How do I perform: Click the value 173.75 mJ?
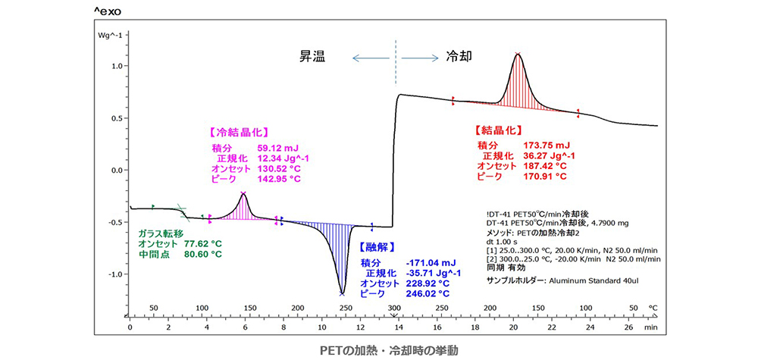(547, 145)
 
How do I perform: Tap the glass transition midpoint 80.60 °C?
(204, 255)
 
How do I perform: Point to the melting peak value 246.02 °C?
(428, 294)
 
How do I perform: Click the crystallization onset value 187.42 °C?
(546, 165)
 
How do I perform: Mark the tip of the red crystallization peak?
(518, 54)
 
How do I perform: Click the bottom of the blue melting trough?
(342, 294)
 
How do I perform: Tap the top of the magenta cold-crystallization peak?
(243, 193)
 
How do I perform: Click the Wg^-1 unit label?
(113, 34)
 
